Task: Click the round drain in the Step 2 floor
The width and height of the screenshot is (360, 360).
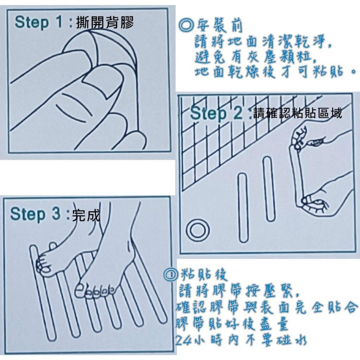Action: pyautogui.click(x=197, y=229)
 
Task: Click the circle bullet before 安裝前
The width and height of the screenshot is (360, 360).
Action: pyautogui.click(x=186, y=26)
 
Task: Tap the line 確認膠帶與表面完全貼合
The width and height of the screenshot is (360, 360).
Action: pyautogui.click(x=266, y=308)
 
